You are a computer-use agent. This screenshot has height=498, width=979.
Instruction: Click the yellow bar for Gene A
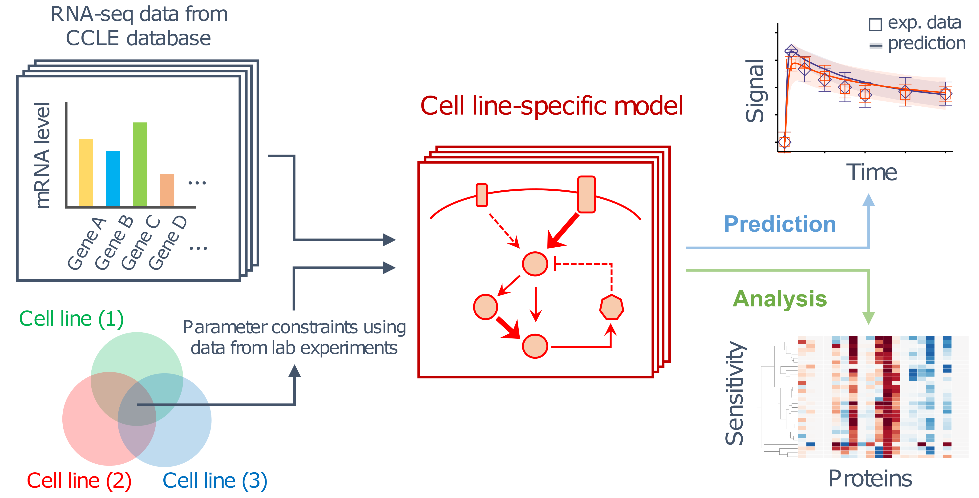tap(86, 173)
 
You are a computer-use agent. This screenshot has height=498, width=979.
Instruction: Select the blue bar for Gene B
tap(113, 179)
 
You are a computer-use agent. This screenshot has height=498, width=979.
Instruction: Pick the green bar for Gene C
tap(140, 165)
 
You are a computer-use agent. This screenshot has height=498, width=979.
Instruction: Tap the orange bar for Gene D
tap(167, 190)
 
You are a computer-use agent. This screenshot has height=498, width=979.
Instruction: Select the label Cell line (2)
tap(79, 481)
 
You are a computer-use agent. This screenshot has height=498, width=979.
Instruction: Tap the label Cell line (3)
tap(215, 481)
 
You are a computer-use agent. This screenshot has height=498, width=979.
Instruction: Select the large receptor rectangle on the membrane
tap(586, 194)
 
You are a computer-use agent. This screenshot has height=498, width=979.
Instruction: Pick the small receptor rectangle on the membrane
tap(481, 195)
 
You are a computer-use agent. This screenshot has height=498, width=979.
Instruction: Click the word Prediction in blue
tap(780, 224)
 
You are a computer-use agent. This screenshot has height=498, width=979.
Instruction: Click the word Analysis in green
tap(780, 299)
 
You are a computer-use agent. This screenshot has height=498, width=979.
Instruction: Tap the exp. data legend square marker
tap(875, 24)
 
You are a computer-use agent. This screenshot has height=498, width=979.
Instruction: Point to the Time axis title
tap(871, 173)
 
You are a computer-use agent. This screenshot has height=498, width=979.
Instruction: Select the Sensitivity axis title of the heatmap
tap(734, 393)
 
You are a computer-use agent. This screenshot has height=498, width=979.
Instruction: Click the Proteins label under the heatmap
tap(870, 479)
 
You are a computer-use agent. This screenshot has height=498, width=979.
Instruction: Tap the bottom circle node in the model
tap(535, 346)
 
